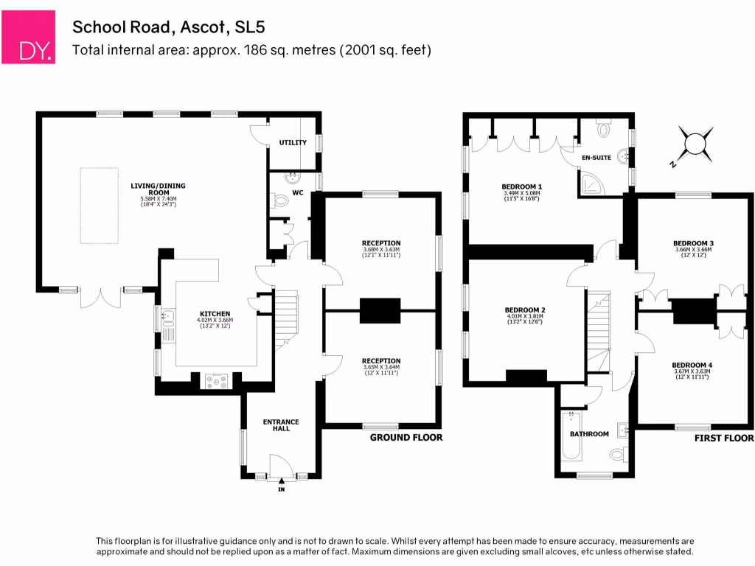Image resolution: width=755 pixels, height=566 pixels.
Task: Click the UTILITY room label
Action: (293, 142)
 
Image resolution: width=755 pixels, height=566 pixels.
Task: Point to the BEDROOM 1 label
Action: (522, 186)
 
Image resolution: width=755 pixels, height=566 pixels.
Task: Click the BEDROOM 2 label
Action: (525, 310)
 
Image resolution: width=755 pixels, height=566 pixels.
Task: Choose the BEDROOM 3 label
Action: (693, 242)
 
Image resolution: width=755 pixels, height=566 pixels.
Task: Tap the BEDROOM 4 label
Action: (692, 365)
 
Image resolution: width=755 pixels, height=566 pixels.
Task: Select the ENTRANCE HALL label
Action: (282, 427)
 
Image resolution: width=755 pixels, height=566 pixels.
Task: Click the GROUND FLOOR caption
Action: (406, 438)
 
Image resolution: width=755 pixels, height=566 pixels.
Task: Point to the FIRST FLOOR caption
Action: (724, 438)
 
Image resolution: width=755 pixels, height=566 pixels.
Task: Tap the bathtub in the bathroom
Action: (567, 441)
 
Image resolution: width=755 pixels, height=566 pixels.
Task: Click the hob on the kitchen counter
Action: (216, 381)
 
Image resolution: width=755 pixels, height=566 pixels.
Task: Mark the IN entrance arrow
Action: (281, 482)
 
